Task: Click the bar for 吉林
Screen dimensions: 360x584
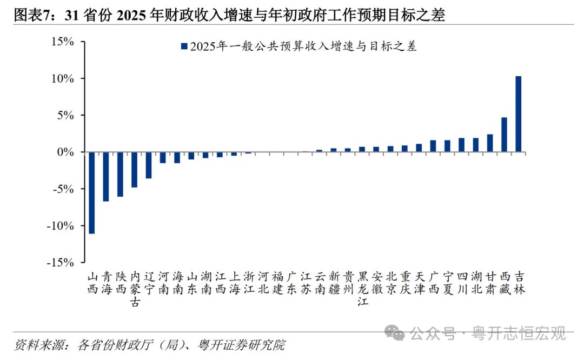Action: click(x=518, y=114)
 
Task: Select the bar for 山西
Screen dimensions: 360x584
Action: click(x=92, y=192)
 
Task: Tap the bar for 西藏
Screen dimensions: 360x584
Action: click(x=504, y=135)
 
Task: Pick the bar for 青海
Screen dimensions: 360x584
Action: click(x=106, y=177)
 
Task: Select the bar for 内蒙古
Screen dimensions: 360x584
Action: click(x=134, y=170)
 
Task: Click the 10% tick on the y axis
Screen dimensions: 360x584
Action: click(x=63, y=79)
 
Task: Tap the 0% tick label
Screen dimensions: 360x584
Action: click(x=66, y=152)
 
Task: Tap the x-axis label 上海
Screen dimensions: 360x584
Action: click(x=234, y=283)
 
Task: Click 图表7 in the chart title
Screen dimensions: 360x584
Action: click(x=31, y=16)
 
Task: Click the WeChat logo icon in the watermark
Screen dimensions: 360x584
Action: click(x=397, y=334)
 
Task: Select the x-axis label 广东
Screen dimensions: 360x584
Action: click(x=291, y=283)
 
